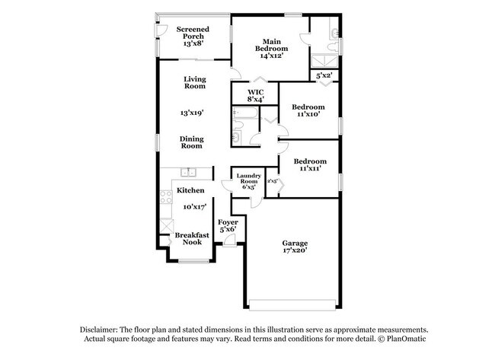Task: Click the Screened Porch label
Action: point(193,37)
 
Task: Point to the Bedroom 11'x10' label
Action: point(310,111)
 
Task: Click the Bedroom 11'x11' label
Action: point(310,165)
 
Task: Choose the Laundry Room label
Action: point(248,181)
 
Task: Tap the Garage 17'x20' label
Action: point(291,247)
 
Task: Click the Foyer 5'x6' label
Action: point(228,225)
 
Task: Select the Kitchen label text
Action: point(190,190)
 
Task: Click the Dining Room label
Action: point(191,142)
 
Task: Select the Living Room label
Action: point(194,82)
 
